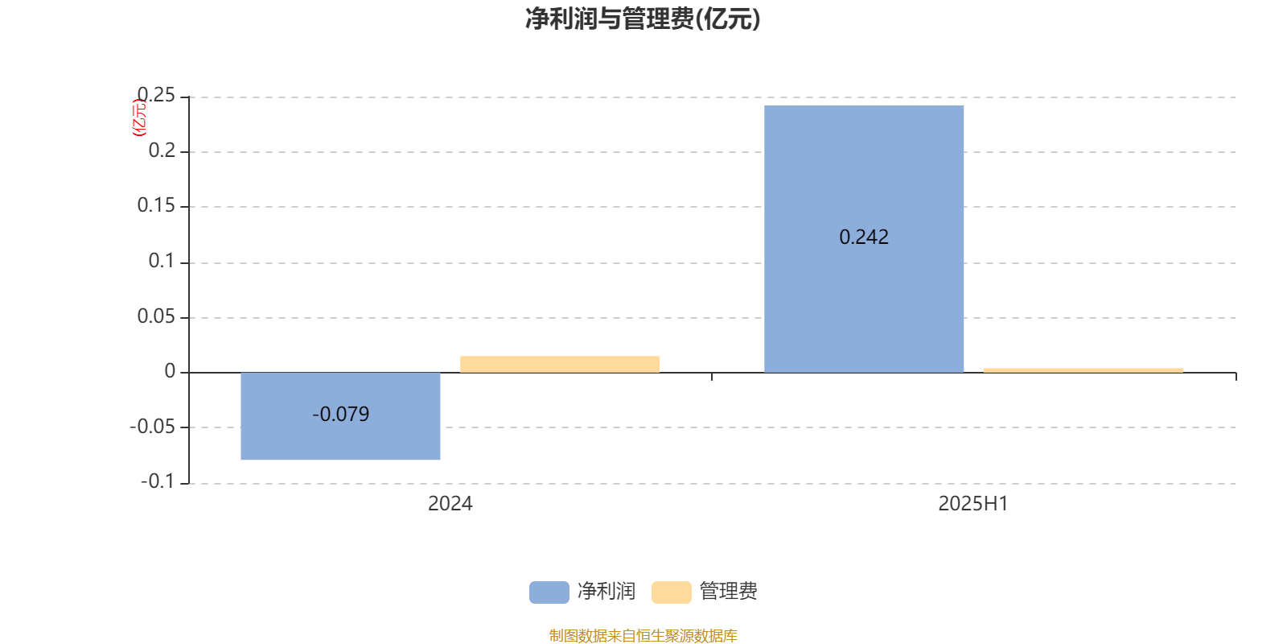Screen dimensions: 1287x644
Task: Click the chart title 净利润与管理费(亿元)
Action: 643,19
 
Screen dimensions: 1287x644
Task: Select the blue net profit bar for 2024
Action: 340,416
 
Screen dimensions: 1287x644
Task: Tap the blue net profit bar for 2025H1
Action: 864,239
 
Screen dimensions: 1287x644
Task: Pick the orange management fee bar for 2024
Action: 560,365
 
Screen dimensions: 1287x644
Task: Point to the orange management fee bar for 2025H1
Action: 1083,370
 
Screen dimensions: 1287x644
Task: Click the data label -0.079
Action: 341,414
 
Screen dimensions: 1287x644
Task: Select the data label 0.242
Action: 864,237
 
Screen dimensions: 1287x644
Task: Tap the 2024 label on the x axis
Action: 450,504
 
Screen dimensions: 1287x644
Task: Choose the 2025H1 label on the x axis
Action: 973,504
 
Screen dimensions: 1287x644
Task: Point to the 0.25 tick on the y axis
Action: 156,95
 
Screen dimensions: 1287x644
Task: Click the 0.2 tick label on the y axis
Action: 162,151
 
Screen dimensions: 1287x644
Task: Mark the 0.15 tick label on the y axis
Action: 156,205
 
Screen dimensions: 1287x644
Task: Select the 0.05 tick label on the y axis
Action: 156,316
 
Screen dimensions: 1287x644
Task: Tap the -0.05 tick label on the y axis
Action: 152,427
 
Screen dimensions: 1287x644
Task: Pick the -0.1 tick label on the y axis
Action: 158,481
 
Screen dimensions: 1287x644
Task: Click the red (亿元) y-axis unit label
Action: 139,118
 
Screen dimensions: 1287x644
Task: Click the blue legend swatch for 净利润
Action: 549,592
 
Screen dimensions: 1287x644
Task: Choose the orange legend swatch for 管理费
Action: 671,592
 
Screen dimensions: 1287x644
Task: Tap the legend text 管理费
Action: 728,591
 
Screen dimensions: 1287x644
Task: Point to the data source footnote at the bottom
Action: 643,635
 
